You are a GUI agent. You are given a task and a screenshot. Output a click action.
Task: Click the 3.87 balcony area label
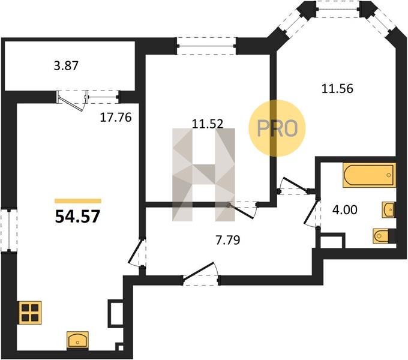tap(66, 66)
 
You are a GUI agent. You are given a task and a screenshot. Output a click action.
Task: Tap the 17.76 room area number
tap(116, 118)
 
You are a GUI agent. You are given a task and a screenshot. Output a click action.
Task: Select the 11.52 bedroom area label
tap(208, 124)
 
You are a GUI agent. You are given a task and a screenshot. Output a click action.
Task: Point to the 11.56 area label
tap(337, 89)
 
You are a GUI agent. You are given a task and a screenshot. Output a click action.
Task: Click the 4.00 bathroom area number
tap(345, 210)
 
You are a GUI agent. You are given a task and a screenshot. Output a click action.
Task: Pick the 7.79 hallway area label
tap(228, 240)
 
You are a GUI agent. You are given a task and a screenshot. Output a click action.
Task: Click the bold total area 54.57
tap(78, 217)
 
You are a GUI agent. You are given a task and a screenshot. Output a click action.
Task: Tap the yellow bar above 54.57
tap(78, 201)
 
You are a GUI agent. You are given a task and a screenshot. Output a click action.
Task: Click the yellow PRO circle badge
tap(277, 128)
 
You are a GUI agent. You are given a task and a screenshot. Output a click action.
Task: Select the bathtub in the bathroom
tap(369, 175)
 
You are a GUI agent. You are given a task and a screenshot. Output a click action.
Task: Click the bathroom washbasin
tap(388, 209)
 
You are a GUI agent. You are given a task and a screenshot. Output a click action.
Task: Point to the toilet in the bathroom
tap(384, 236)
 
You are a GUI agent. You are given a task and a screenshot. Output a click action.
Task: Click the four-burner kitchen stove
tap(30, 313)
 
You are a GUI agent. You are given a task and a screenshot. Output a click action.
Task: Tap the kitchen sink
tap(77, 340)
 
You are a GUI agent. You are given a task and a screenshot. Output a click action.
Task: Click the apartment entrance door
tap(200, 275)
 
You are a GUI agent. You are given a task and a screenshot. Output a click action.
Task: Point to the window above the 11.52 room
tap(206, 46)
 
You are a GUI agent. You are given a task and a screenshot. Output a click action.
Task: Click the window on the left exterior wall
tap(9, 230)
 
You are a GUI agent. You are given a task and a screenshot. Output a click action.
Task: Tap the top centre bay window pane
tap(337, 9)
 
